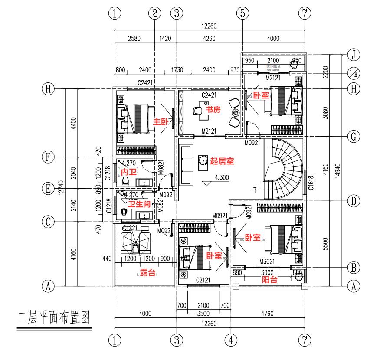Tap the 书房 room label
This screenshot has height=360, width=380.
(x=213, y=110)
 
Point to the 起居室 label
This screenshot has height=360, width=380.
(x=222, y=161)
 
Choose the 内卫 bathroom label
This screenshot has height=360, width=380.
(x=125, y=172)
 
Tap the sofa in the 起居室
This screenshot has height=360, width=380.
(x=187, y=165)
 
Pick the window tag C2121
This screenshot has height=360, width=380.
(x=203, y=280)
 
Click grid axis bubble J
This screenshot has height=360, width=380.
(x=354, y=54)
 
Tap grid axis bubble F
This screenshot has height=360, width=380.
(x=48, y=157)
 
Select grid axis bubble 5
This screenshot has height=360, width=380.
(x=242, y=13)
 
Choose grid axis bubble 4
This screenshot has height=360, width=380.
(x=231, y=339)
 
